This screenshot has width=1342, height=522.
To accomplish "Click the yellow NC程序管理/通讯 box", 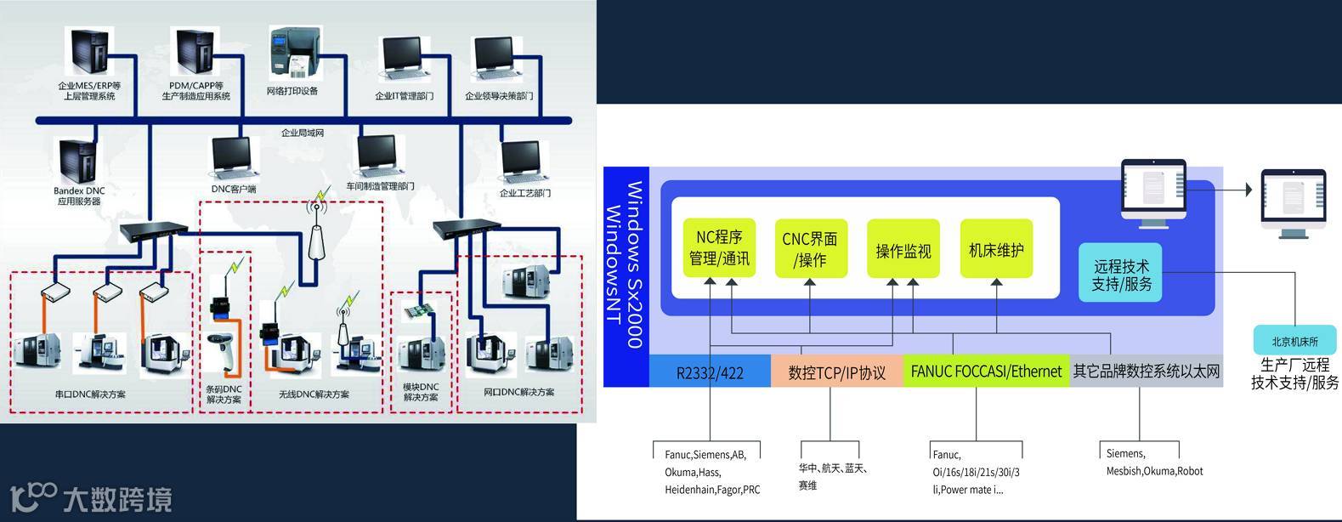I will (x=719, y=247).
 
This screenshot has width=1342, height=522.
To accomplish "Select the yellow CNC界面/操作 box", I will (x=811, y=248).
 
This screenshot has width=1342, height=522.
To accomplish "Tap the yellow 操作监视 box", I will (x=903, y=248).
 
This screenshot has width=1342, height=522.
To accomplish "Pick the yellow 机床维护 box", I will (x=996, y=248).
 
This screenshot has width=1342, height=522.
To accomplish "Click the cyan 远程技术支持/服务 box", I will (x=1121, y=274).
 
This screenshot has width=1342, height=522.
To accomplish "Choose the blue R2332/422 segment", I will (x=710, y=372).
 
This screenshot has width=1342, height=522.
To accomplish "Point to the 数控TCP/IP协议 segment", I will (x=836, y=372).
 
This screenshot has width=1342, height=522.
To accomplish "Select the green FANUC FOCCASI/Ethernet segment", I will (x=986, y=372).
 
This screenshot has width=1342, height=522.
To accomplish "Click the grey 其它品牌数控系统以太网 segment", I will (x=1146, y=372).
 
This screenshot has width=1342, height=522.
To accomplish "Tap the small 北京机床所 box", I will (x=1294, y=341).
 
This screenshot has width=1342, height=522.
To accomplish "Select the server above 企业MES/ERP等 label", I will (x=88, y=52).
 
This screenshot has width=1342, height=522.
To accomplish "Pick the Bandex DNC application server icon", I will (x=78, y=162).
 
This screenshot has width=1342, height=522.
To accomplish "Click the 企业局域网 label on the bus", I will (x=302, y=133).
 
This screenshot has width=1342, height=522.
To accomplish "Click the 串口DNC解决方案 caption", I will (x=89, y=394).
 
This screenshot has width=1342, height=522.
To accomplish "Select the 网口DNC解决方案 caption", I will (x=518, y=392).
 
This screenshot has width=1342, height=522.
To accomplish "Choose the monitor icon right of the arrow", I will (x=1292, y=201).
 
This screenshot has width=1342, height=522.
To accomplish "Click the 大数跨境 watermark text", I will (x=117, y=499).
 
